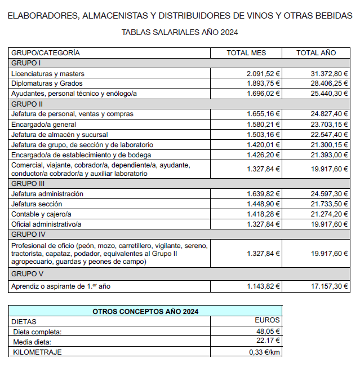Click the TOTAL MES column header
pos(246,53)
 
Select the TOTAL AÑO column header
pos(316,53)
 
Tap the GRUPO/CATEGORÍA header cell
pos(46,53)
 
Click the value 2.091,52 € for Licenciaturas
pos(263,73)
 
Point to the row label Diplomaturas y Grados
pos(46,83)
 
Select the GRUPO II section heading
pos(27,104)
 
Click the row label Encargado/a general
pos(43,124)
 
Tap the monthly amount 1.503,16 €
pos(263,134)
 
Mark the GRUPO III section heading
pos(28,183)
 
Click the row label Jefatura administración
pos(47,193)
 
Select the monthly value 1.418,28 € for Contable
pos(263,214)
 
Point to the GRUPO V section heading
pos(27,274)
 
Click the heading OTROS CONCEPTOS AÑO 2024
pos(145,311)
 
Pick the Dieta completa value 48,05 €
pos(269,331)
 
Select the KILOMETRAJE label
pos(37,352)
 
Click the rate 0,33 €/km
pos(265,352)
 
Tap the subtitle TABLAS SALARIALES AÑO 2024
pos(180,32)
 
